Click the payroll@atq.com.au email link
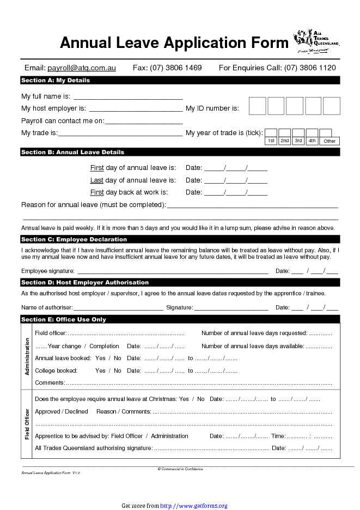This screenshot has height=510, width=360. pos(82,68)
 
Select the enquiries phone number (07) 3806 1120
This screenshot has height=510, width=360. pos(310,68)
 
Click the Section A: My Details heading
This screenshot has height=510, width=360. pos(55,81)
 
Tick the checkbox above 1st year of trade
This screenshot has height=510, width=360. pos(271,132)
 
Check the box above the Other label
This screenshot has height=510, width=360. pos(326,132)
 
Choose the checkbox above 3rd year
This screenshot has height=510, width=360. pos(298,132)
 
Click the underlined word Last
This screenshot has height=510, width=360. pos(96,180)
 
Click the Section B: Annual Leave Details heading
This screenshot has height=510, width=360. pos(72,153)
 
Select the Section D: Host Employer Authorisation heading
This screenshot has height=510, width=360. pos(84,283)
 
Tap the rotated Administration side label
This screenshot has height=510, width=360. pos(27,356)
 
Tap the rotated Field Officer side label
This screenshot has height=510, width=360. pos(27,424)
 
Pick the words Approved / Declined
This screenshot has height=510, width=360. pos(62,412)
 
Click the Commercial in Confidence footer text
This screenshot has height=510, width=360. pos(180,469)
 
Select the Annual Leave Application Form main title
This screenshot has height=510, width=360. pos(174,42)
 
